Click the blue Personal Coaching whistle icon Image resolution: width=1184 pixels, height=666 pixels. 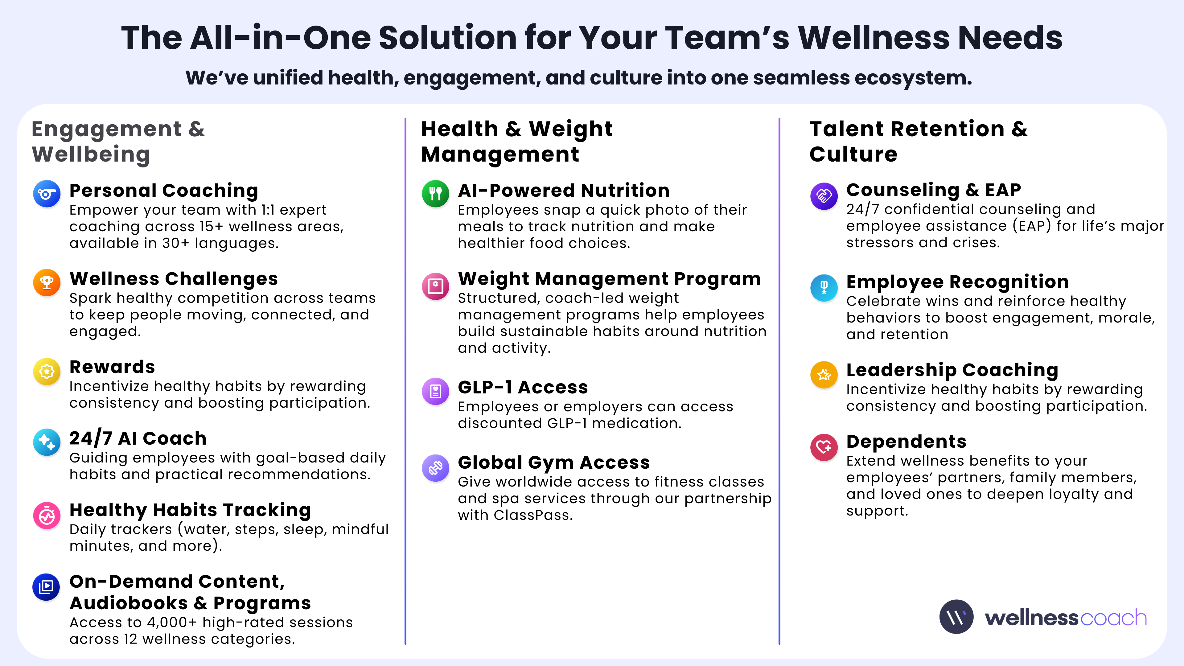tap(47, 194)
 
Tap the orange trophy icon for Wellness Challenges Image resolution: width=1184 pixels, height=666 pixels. tap(47, 282)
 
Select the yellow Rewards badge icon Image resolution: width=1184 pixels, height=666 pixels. tap(47, 371)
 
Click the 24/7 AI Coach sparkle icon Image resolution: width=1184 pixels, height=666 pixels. tap(47, 442)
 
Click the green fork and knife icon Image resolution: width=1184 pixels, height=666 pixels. tap(435, 194)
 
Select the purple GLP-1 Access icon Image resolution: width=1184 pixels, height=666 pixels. tap(435, 391)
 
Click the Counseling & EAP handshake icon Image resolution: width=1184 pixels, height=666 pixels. tap(824, 196)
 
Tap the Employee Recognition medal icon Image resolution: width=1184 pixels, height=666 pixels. tap(824, 288)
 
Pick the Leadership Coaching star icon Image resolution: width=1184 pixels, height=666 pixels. tap(824, 375)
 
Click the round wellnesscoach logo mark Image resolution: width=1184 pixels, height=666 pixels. tap(956, 617)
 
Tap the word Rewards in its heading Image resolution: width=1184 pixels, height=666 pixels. tap(112, 367)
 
